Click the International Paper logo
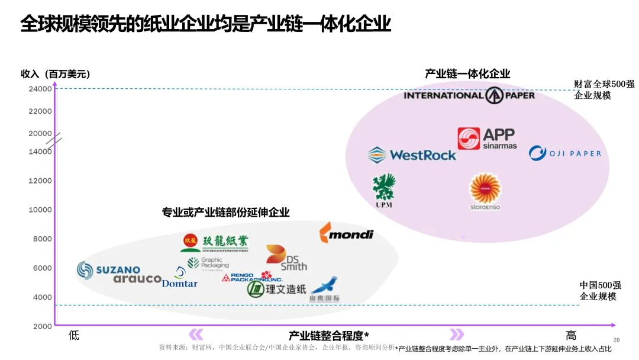tap(469, 95)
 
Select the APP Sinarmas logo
tap(487, 139)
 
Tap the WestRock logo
tap(412, 155)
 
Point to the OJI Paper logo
tap(564, 153)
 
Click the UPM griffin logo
tap(384, 191)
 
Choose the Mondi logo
tap(347, 233)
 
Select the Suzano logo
tap(109, 271)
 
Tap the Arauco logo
tap(137, 279)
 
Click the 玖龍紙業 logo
tap(214, 243)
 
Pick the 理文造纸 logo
tap(277, 289)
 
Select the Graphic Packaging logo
tap(208, 263)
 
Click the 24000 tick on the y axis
tap(40, 89)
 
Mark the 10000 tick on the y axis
tap(40, 210)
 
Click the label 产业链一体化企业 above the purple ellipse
tap(467, 74)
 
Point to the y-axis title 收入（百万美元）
tap(56, 74)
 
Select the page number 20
tap(616, 340)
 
